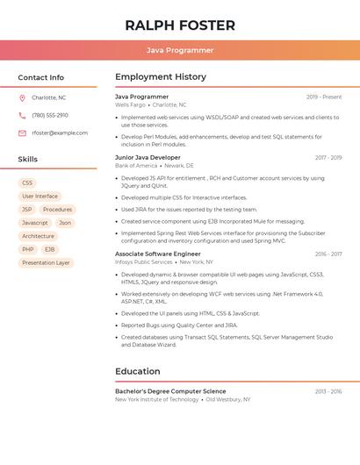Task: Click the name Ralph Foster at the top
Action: (x=180, y=25)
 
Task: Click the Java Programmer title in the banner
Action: (x=180, y=50)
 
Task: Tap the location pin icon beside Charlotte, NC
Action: (x=22, y=98)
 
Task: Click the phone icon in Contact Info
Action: (x=22, y=116)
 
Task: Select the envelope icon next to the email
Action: (x=22, y=133)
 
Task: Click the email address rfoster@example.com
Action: (x=60, y=133)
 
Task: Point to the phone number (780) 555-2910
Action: (x=50, y=116)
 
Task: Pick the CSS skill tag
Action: (x=27, y=183)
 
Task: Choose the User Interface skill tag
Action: (x=40, y=197)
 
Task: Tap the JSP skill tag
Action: (x=27, y=210)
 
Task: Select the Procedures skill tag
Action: (x=58, y=210)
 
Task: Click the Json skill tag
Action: (x=65, y=223)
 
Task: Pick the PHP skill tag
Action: (x=28, y=249)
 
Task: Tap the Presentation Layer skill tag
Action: (x=46, y=262)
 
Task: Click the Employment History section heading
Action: (x=161, y=77)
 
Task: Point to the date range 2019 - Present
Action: (x=324, y=97)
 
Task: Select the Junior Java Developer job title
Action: (x=148, y=158)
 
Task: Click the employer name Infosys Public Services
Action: (x=144, y=261)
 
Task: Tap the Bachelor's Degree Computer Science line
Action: (x=170, y=391)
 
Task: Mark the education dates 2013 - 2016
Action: (x=328, y=391)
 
